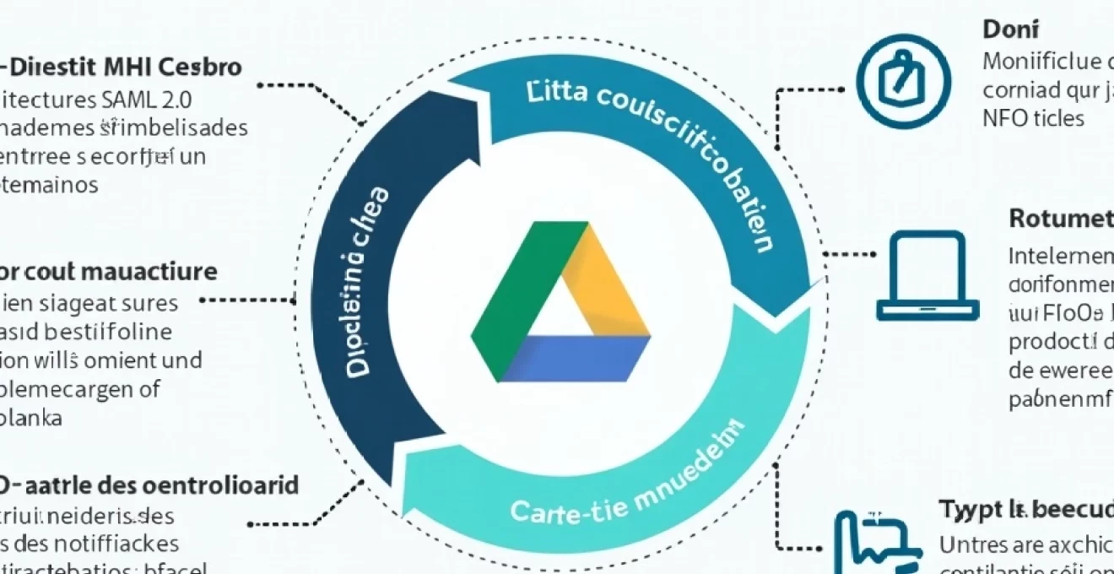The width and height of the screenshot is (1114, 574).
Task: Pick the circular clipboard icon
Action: [903, 81]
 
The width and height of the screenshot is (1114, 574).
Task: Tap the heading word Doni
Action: [1010, 30]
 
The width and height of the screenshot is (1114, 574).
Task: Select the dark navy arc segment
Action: [354, 304]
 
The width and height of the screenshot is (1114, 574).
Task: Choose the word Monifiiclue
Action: [1041, 61]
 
